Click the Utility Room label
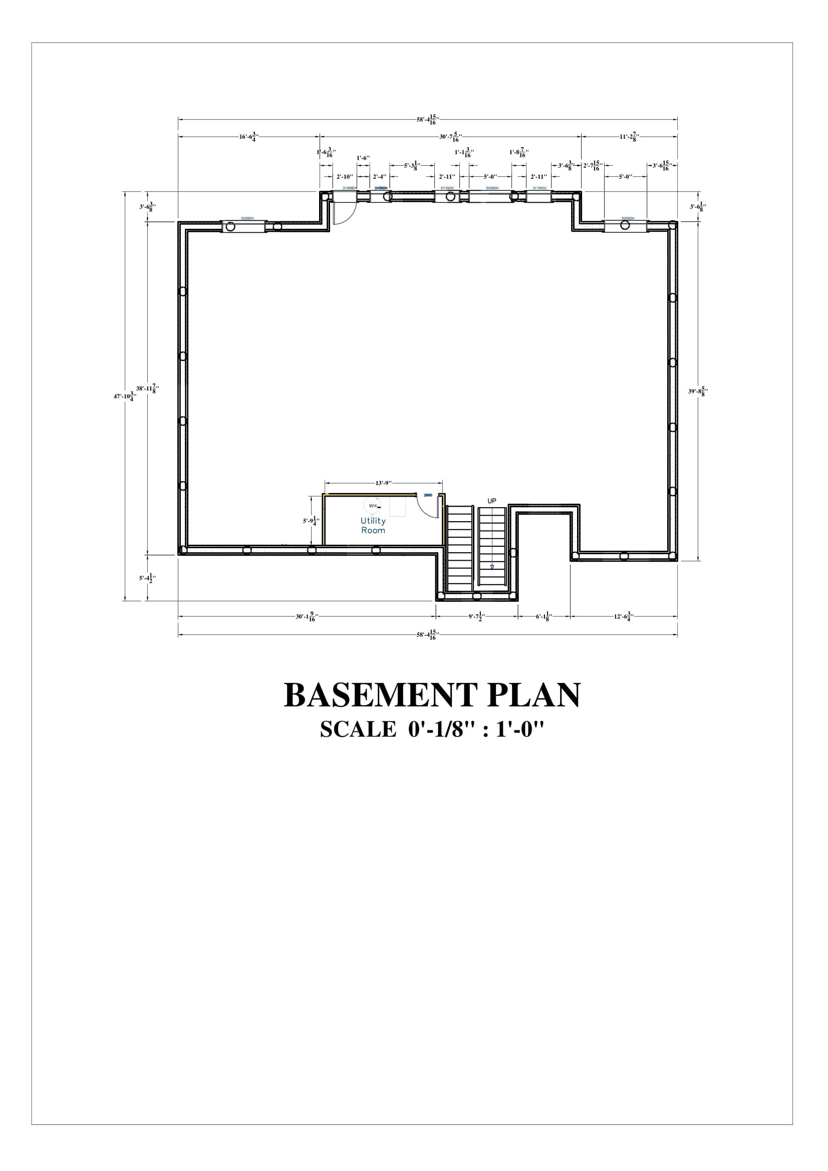[x=373, y=525]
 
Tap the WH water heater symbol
[x=372, y=506]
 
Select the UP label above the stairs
[x=491, y=501]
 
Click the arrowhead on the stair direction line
[x=492, y=566]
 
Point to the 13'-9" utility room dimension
[x=383, y=483]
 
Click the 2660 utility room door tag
[x=428, y=495]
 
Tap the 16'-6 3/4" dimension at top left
[x=249, y=136]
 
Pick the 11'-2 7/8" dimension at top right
[x=630, y=136]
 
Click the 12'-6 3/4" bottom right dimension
[x=624, y=617]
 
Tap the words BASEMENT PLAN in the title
[x=432, y=695]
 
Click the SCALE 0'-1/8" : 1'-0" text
[x=432, y=730]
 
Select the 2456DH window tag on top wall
[x=381, y=188]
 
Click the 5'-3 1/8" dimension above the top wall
[x=412, y=165]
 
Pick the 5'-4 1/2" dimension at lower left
[x=147, y=578]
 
